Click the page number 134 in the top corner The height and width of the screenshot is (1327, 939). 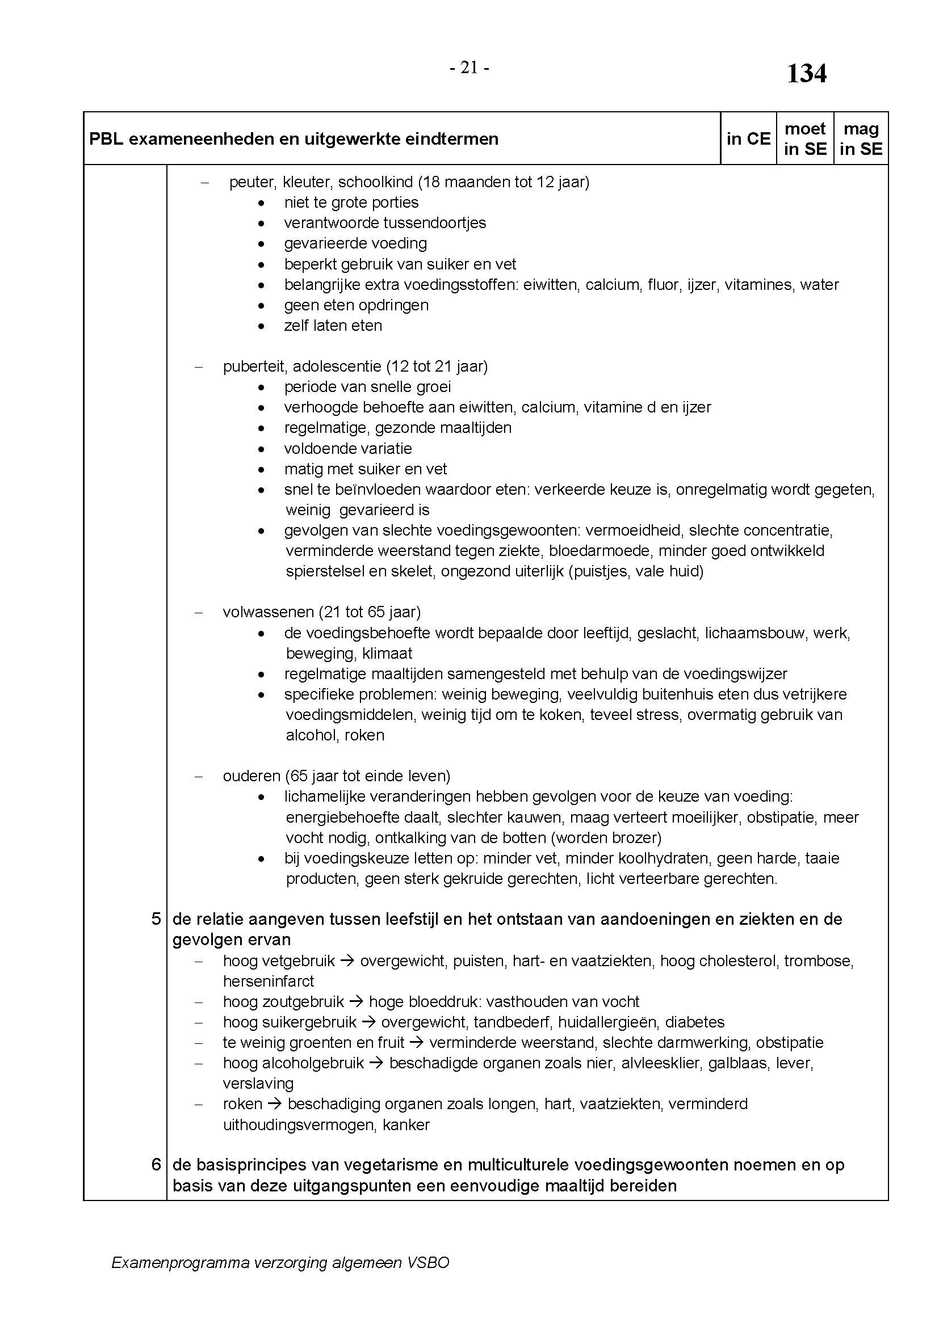click(807, 74)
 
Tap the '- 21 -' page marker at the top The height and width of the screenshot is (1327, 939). click(469, 68)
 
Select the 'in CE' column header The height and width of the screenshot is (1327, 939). click(748, 138)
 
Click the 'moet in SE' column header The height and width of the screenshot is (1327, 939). click(805, 138)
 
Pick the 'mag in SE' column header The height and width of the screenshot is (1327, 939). click(861, 138)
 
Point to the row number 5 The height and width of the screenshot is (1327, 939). click(156, 919)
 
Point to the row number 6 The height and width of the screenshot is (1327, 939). click(156, 1165)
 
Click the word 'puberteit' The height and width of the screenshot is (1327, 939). click(254, 366)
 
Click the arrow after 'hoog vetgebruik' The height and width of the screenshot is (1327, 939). click(347, 961)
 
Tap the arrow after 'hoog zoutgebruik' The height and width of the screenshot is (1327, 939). click(356, 1001)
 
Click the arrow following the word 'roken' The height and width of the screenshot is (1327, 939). click(275, 1104)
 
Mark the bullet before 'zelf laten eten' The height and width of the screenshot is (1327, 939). click(262, 326)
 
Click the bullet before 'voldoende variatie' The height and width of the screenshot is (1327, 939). click(262, 449)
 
